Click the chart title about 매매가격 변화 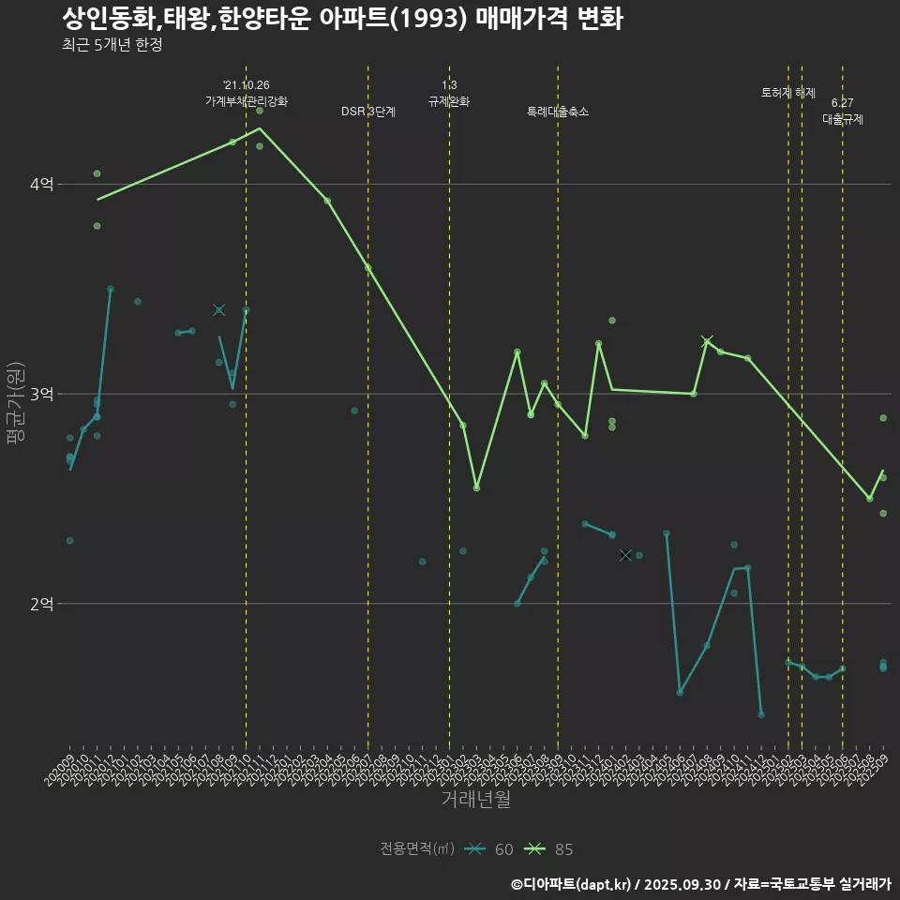[x=342, y=18]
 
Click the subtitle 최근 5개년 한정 [x=112, y=45]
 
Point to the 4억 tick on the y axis [x=41, y=185]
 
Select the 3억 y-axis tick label [x=41, y=394]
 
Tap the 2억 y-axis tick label [x=41, y=604]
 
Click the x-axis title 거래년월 [x=475, y=800]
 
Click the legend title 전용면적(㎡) [x=417, y=849]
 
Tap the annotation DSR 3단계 [x=368, y=112]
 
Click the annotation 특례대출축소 [x=558, y=112]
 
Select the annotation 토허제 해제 [x=788, y=93]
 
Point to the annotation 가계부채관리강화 [x=247, y=101]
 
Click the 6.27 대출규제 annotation [x=843, y=111]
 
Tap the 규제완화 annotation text [x=449, y=101]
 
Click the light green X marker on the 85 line [x=707, y=341]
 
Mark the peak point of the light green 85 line [x=260, y=128]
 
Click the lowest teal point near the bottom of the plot [x=761, y=714]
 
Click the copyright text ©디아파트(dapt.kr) [x=575, y=884]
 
